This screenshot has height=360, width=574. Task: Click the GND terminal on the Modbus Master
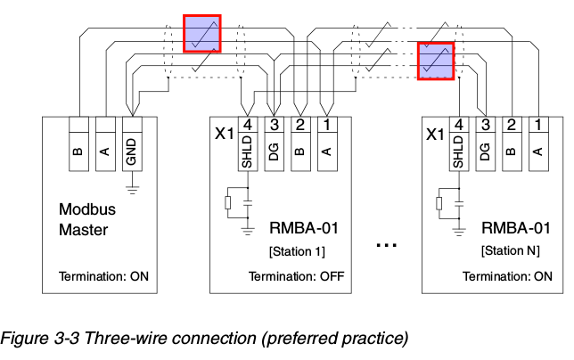(132, 143)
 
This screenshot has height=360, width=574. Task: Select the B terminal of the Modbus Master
(78, 143)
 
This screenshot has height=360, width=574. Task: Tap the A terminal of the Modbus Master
(105, 143)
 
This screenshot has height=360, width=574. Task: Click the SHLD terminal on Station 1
(248, 143)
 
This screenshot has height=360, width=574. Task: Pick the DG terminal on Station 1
(275, 143)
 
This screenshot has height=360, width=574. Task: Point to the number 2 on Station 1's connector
(300, 125)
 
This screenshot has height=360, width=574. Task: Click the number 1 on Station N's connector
(538, 125)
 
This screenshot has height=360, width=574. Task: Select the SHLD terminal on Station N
(459, 143)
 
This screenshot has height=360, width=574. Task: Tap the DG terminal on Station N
(486, 143)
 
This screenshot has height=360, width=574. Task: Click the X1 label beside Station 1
(224, 134)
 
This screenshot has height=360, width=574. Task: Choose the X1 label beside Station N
(436, 135)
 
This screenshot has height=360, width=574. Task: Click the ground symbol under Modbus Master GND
(132, 190)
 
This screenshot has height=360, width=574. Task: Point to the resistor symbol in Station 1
(227, 202)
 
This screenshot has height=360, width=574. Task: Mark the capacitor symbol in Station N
(459, 203)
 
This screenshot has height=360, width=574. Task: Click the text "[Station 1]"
(297, 251)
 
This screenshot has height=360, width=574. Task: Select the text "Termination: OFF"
(297, 276)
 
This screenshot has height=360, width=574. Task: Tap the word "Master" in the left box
(84, 230)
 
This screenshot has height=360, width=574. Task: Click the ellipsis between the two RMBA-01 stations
(387, 245)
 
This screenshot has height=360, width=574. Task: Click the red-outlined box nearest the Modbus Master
(202, 34)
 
